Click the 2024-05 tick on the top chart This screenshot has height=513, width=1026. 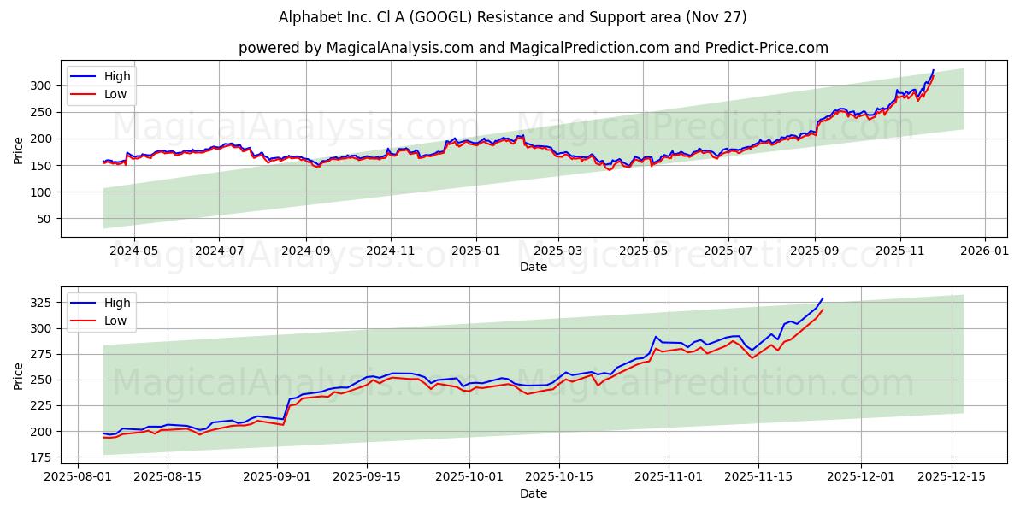(x=133, y=251)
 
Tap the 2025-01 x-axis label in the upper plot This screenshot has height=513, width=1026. (x=475, y=251)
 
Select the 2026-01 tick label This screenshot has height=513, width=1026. (x=985, y=251)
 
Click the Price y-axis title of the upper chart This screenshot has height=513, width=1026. (x=19, y=149)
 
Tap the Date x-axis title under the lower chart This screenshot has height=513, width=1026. (x=534, y=493)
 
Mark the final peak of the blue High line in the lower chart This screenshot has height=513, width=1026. (x=823, y=298)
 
